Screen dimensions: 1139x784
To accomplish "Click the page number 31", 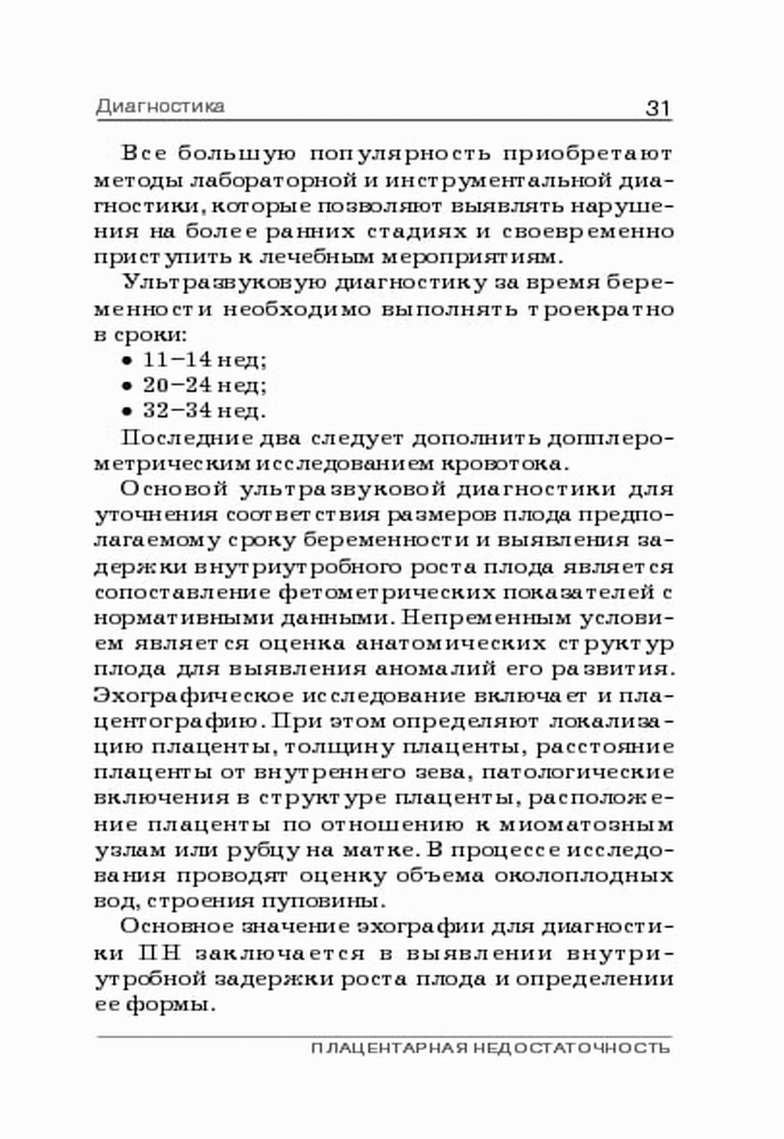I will (x=658, y=107).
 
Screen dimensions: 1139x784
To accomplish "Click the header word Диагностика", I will (x=160, y=106).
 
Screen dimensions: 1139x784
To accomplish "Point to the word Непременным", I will (x=484, y=617).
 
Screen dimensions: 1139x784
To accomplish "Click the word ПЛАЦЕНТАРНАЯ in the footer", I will (x=390, y=1048).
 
